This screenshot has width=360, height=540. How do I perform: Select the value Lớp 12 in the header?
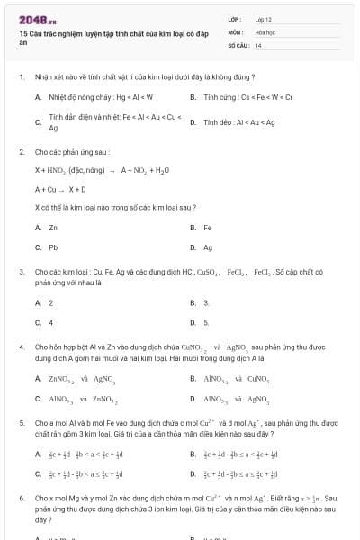click(263, 18)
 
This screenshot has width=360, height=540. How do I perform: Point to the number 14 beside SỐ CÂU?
click(258, 44)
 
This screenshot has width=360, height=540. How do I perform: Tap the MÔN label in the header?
click(236, 31)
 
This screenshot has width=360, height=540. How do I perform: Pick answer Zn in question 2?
click(54, 227)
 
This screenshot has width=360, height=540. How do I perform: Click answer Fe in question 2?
click(208, 227)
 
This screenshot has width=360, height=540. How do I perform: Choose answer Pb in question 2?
click(54, 247)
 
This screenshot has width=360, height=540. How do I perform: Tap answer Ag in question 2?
click(208, 247)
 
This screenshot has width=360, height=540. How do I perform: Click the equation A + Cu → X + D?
click(61, 189)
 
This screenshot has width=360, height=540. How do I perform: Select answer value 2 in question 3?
click(51, 302)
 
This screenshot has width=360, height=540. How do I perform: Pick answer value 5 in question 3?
click(206, 321)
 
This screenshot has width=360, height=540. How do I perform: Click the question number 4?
click(22, 345)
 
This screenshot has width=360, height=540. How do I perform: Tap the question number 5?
click(22, 420)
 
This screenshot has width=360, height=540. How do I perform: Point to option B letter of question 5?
click(193, 454)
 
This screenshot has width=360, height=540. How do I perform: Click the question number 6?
click(22, 497)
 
